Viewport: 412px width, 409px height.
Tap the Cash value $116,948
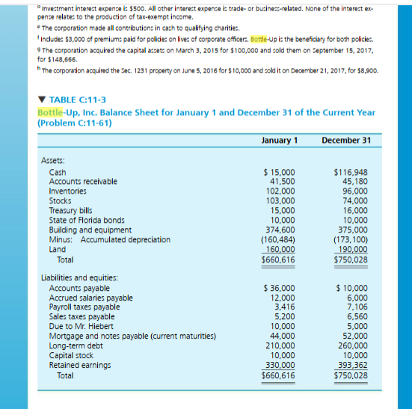[351, 173]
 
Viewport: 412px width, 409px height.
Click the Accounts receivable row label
[83, 182]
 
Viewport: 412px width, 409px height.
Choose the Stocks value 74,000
[354, 200]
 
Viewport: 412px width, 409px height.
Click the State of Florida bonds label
[87, 221]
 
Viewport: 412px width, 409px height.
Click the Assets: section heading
[52, 159]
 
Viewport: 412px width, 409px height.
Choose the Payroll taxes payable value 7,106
[357, 307]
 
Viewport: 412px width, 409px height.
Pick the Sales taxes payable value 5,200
[284, 317]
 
